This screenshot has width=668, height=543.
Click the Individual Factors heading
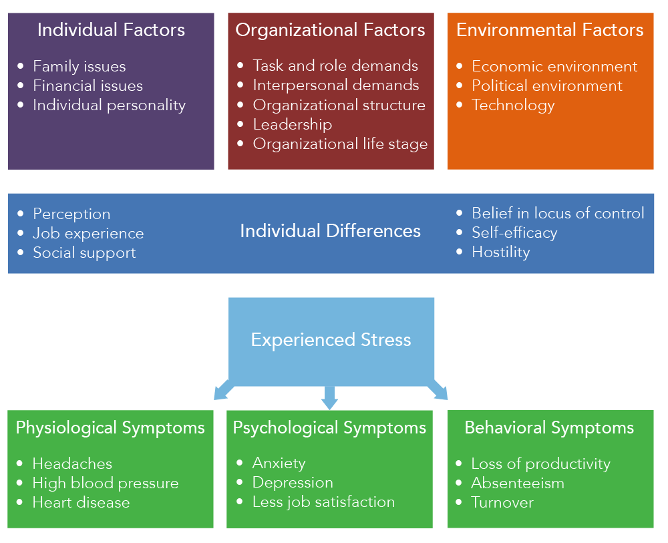click(111, 30)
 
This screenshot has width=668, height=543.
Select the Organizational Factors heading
click(330, 30)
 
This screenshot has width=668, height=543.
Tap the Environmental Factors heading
click(550, 30)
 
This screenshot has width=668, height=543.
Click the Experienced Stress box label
click(331, 339)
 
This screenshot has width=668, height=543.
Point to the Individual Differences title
click(330, 231)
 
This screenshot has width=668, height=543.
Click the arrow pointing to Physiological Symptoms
click(223, 390)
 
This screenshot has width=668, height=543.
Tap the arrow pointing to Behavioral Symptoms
click(438, 390)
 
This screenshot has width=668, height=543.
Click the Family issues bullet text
click(79, 66)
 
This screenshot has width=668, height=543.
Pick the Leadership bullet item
click(292, 124)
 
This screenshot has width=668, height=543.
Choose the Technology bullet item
click(513, 105)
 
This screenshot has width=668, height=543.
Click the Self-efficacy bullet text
click(514, 232)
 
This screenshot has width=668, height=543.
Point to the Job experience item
click(88, 233)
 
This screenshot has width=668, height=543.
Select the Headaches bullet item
click(72, 464)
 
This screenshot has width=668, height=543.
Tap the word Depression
click(293, 482)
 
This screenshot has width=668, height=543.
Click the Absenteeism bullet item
click(518, 483)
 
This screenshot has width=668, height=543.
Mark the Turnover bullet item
click(502, 502)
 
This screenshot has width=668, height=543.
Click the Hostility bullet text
click(500, 252)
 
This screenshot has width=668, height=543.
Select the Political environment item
click(547, 85)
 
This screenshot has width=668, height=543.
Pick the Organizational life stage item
click(340, 144)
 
